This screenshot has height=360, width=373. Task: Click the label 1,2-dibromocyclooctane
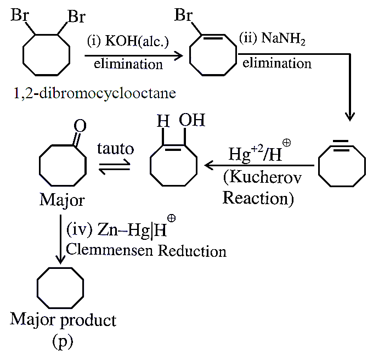[95, 93]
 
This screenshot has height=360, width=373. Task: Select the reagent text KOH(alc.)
[137, 41]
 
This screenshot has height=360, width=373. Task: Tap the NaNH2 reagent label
[283, 38]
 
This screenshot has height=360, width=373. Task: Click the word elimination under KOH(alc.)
[128, 64]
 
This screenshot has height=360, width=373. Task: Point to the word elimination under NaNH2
[277, 63]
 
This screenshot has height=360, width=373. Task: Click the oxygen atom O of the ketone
[80, 126]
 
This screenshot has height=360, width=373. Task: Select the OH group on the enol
[192, 120]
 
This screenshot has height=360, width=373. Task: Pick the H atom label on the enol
[163, 121]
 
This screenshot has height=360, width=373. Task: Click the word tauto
[116, 149]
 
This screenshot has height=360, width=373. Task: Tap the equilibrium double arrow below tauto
[115, 166]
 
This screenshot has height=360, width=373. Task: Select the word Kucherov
[262, 178]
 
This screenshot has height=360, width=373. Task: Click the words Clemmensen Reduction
[146, 251]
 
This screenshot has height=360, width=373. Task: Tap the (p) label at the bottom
[63, 342]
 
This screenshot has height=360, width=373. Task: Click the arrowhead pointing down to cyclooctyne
[350, 116]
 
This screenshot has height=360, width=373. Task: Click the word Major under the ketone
[62, 200]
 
